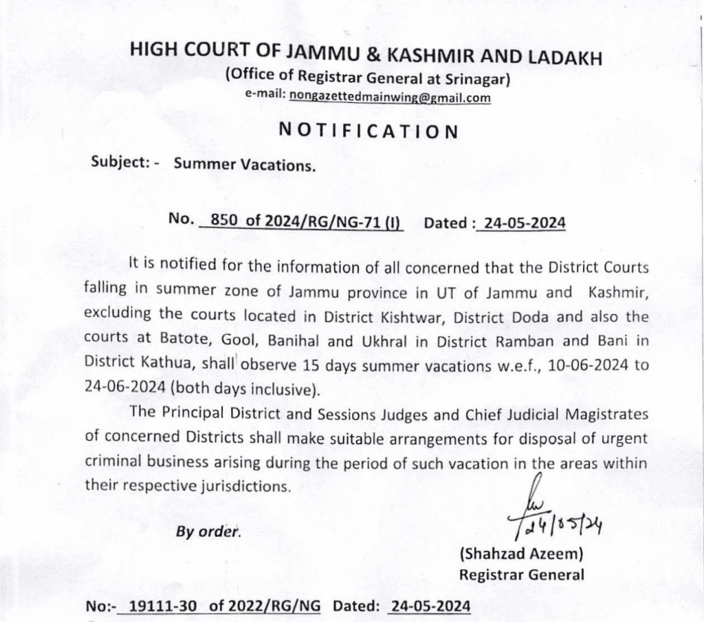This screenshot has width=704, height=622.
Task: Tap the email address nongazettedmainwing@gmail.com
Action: pyautogui.click(x=390, y=98)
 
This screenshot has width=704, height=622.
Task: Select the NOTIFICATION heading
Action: pyautogui.click(x=368, y=131)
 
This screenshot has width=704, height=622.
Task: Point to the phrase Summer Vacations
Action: pyautogui.click(x=245, y=164)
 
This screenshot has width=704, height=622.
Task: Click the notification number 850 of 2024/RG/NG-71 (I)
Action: pyautogui.click(x=301, y=221)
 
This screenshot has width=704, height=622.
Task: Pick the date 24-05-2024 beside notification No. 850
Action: pyautogui.click(x=524, y=223)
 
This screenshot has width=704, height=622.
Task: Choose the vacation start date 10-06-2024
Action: pyautogui.click(x=577, y=364)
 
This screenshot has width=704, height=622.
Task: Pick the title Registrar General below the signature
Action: pyautogui.click(x=521, y=574)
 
